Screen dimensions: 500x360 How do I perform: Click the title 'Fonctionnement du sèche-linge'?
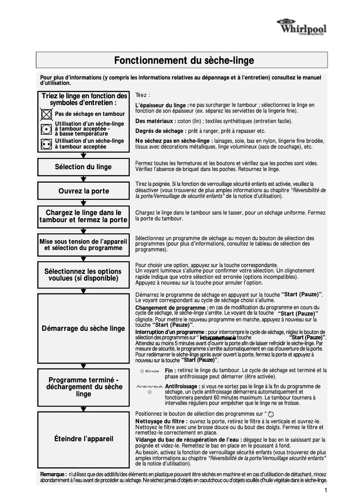coord(184,60)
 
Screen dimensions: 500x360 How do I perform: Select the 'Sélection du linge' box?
coord(83,167)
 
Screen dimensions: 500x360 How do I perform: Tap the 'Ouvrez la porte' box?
coord(83,191)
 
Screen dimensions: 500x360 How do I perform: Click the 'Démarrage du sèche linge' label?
coord(83,328)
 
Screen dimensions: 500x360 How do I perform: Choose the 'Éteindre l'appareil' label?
coord(83,439)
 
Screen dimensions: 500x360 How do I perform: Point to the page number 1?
coord(325,490)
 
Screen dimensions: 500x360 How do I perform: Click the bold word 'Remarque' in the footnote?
coord(53,474)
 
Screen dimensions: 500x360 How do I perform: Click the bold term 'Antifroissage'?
coord(182,386)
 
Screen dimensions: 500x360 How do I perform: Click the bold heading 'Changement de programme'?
coord(171,307)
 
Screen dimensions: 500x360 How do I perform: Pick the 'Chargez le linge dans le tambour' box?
coord(83,216)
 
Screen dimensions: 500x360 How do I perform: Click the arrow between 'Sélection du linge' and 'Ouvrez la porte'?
coord(83,179)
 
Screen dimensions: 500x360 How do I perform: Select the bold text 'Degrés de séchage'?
coord(160,131)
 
